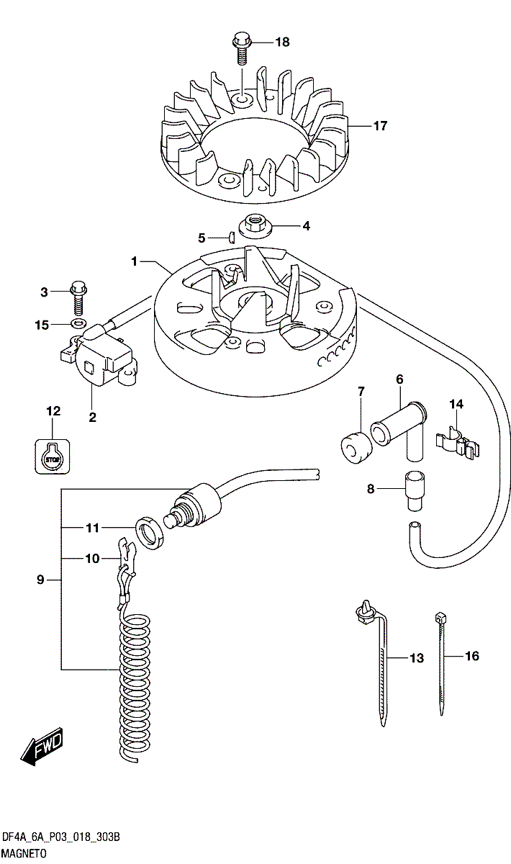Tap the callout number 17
coord(380,126)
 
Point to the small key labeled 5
coord(232,235)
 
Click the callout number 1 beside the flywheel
coord(134,261)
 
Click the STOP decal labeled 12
coord(51,456)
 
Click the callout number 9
coord(40,580)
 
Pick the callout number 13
coord(416,658)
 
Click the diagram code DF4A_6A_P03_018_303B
coord(60,837)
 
